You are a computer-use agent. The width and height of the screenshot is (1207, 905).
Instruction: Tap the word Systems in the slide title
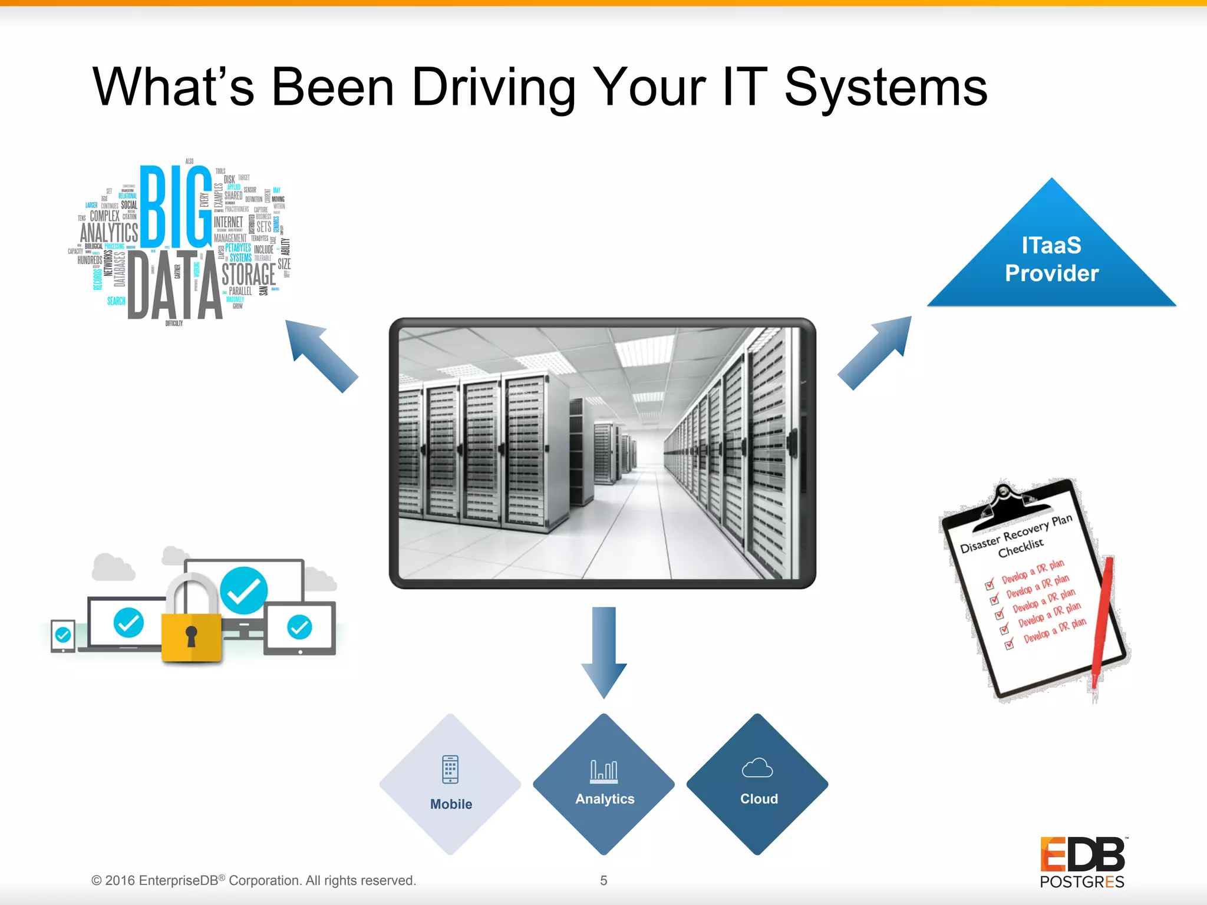[885, 88]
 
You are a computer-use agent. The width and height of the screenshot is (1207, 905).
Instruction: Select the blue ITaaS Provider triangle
[1051, 259]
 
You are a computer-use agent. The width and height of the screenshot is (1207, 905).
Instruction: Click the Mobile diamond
[451, 784]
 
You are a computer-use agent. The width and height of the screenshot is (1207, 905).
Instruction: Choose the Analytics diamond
[604, 784]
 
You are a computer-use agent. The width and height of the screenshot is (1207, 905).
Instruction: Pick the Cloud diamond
[758, 784]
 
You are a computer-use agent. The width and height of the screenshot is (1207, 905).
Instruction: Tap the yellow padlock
[191, 630]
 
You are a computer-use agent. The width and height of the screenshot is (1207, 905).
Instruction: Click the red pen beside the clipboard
[1102, 619]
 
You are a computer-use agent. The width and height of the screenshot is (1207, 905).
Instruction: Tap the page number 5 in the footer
[603, 880]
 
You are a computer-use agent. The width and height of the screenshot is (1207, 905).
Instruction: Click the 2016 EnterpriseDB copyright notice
[253, 880]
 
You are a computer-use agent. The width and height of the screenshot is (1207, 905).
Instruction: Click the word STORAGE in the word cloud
[248, 275]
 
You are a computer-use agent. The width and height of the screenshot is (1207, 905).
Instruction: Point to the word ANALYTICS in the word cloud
[109, 233]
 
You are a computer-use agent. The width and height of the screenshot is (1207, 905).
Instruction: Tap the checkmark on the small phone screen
[63, 635]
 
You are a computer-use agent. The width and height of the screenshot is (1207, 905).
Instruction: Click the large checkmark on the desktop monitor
[243, 590]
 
